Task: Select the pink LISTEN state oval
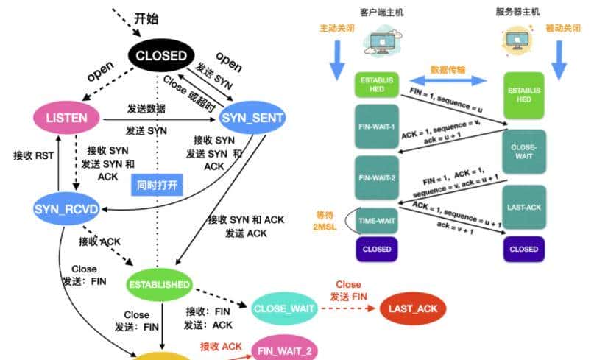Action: click(68, 118)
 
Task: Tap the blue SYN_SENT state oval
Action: click(252, 117)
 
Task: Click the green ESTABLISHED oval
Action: click(159, 283)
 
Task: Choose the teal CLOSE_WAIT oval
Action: click(283, 308)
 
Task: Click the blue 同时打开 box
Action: click(156, 183)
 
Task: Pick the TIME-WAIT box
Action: click(376, 220)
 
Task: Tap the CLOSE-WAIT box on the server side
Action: click(523, 151)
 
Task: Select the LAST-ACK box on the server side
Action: click(523, 208)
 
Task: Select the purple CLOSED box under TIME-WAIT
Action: click(376, 249)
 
